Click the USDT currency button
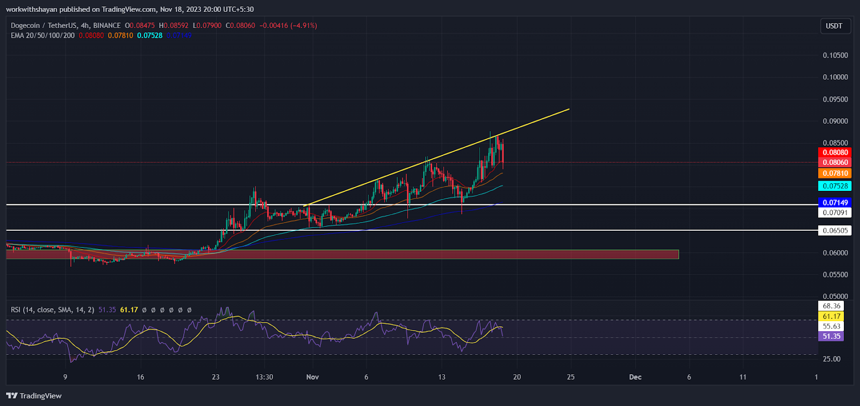click(834, 26)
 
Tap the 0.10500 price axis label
click(835, 55)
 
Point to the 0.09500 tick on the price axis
click(835, 99)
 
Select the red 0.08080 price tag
click(834, 153)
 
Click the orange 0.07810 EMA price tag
click(834, 173)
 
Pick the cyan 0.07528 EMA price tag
click(834, 186)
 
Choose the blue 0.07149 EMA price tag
click(834, 203)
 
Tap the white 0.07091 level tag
click(834, 213)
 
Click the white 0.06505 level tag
click(834, 231)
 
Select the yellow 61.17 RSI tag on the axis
click(831, 316)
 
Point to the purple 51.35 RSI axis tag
click(831, 337)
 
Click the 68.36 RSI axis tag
click(831, 306)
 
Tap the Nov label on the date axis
click(312, 377)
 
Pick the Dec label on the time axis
click(635, 377)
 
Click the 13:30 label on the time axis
click(264, 377)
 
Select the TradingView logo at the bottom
click(34, 396)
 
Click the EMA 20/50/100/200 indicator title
click(42, 35)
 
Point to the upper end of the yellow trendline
click(569, 110)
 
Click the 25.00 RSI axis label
click(831, 359)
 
